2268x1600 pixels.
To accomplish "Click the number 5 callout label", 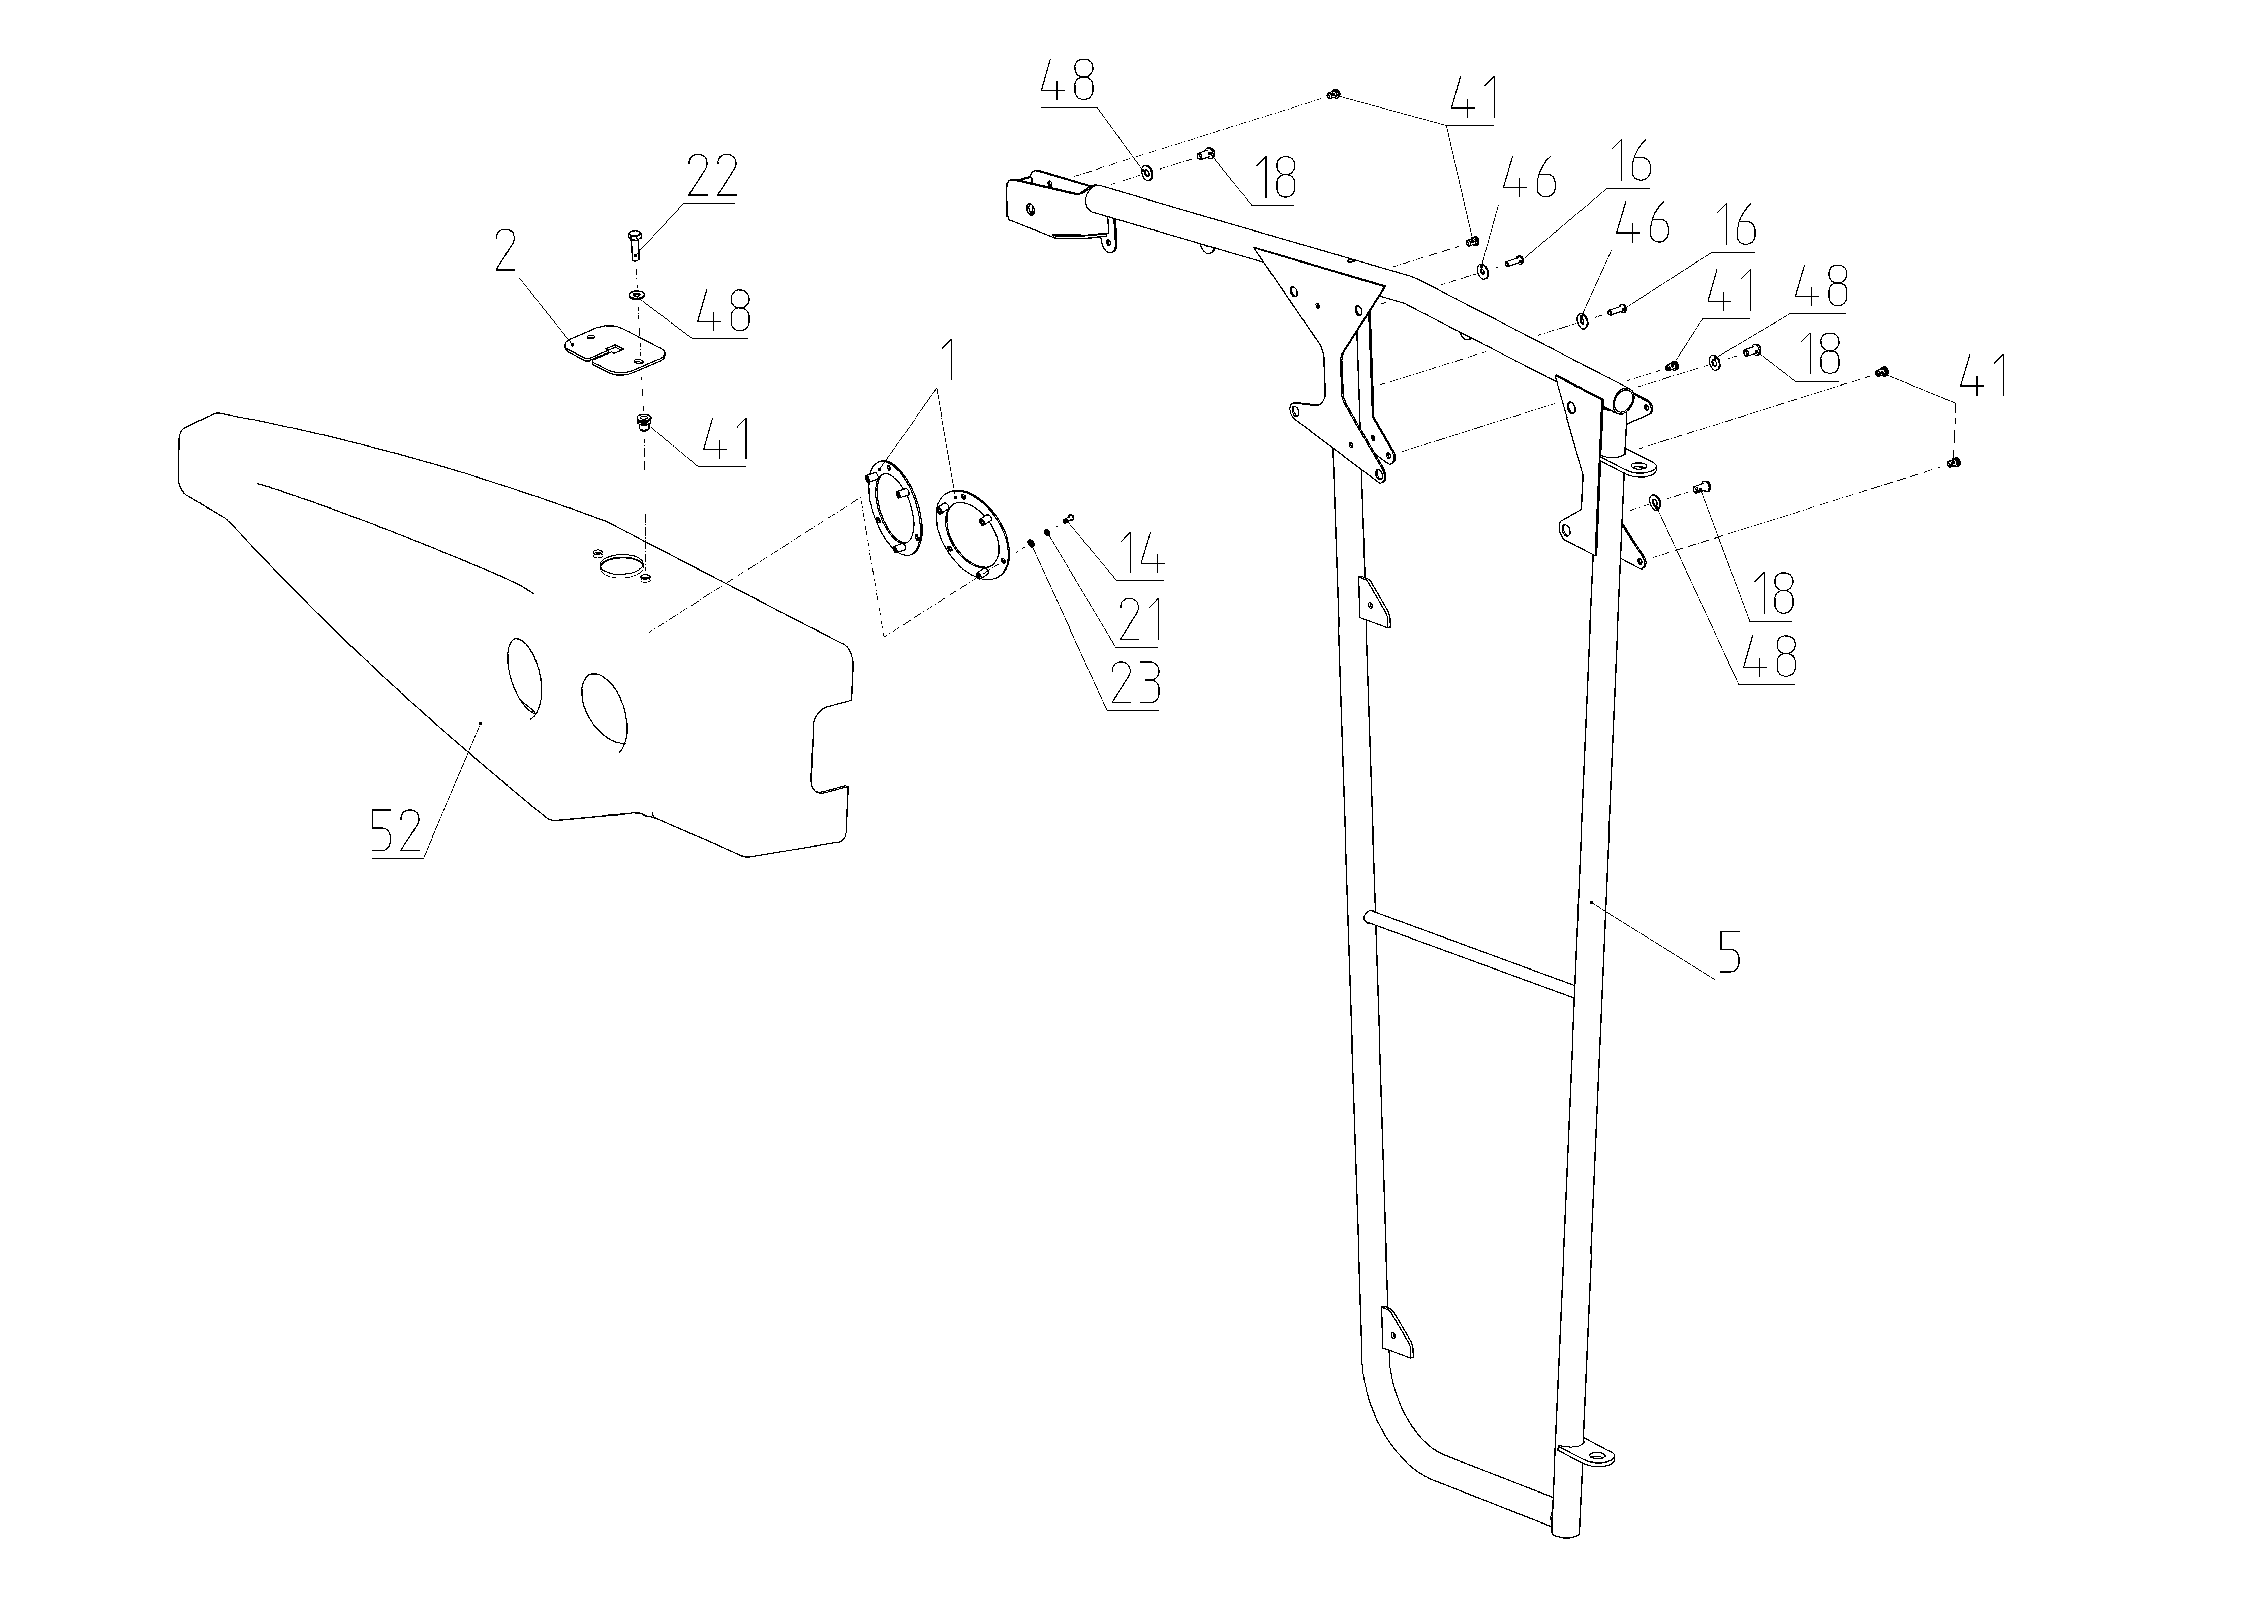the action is point(1729,951).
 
